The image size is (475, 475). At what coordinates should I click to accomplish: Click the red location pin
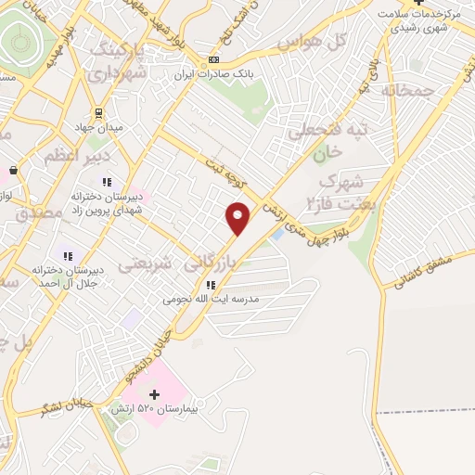(x=238, y=218)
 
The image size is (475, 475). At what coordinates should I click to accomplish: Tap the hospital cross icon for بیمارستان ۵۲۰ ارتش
(x=154, y=394)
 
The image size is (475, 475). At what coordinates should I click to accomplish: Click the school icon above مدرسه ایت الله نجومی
(x=211, y=284)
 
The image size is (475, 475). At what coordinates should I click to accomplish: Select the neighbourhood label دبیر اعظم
(x=62, y=155)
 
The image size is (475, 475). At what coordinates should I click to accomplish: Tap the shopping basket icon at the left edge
(x=13, y=171)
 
